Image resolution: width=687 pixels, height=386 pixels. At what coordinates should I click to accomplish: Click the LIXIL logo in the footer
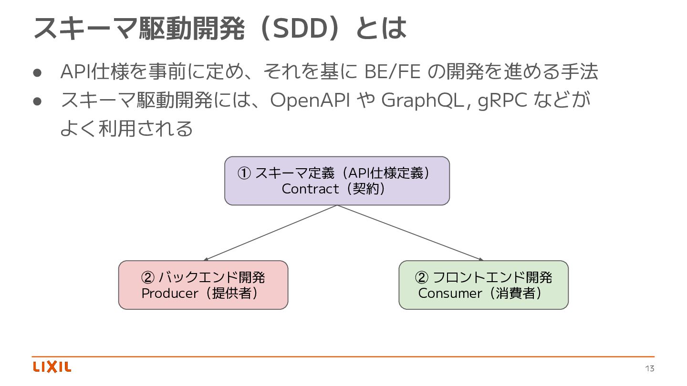(52, 367)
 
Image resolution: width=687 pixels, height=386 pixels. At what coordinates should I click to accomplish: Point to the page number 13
(649, 368)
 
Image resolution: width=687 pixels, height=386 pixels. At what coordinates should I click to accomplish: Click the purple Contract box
(337, 181)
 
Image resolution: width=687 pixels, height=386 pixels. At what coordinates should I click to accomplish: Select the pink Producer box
(203, 285)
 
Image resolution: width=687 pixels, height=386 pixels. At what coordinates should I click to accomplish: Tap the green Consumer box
(483, 285)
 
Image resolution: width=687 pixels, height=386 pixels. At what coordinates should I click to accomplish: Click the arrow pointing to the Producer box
(270, 233)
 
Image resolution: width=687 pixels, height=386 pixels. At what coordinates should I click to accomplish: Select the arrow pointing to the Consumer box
(410, 233)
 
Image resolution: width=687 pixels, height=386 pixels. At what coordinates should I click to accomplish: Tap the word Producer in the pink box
(169, 293)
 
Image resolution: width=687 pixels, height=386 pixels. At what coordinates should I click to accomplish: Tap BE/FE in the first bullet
(392, 72)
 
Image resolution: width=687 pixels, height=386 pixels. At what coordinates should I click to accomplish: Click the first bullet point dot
(39, 72)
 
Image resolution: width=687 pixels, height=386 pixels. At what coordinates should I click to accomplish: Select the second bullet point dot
(39, 101)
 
